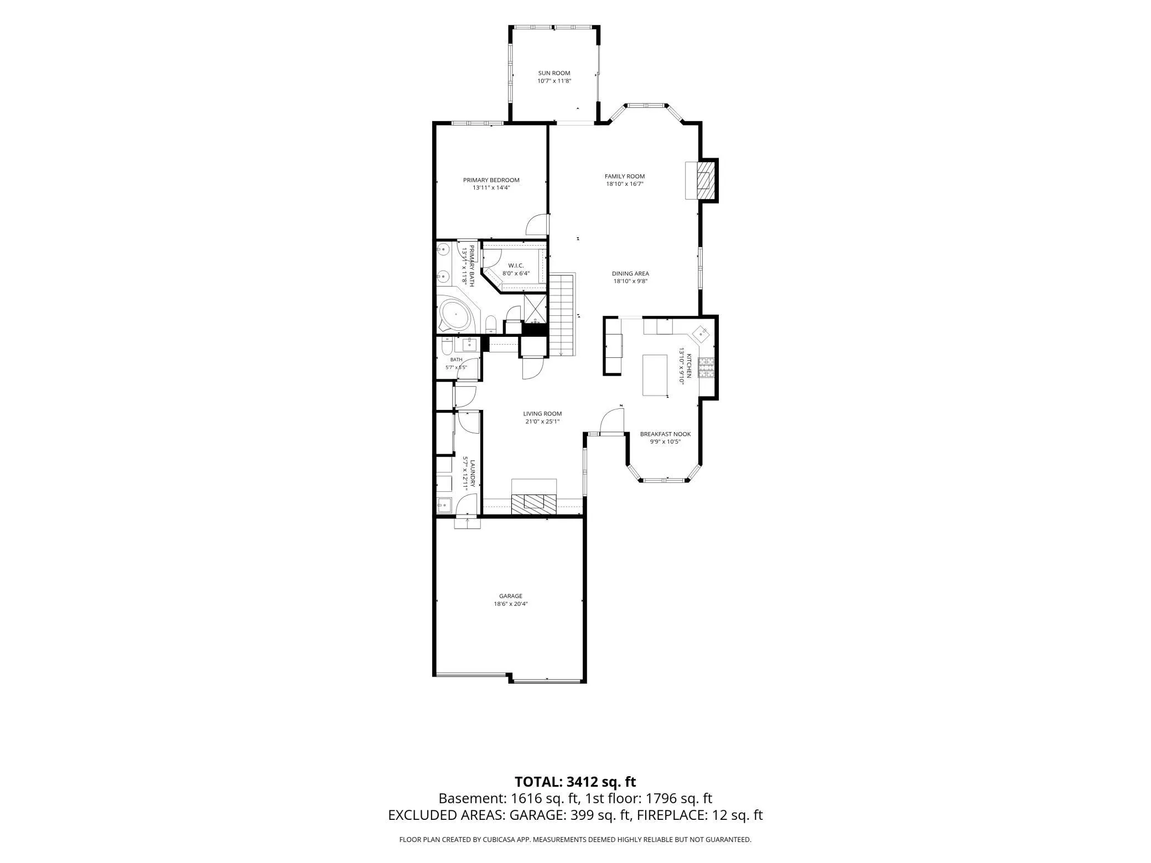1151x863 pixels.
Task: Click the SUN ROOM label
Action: pos(554,73)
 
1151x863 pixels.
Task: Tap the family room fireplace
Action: pos(702,180)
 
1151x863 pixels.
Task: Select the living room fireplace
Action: pos(534,498)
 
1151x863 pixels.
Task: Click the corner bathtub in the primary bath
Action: pos(455,315)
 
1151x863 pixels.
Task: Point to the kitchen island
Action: pos(655,375)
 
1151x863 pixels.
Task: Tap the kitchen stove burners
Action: pos(707,368)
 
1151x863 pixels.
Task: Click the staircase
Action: pos(562,315)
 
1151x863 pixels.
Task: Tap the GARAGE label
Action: pos(511,596)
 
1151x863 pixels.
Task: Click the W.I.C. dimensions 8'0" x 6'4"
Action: pos(516,273)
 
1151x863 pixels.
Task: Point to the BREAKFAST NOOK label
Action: pos(665,434)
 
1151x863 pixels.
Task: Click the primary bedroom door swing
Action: pos(537,225)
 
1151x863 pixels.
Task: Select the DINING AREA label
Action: pos(630,273)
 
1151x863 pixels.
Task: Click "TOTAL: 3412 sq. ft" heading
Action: pos(575,782)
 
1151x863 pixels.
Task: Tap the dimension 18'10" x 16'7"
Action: pos(625,184)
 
